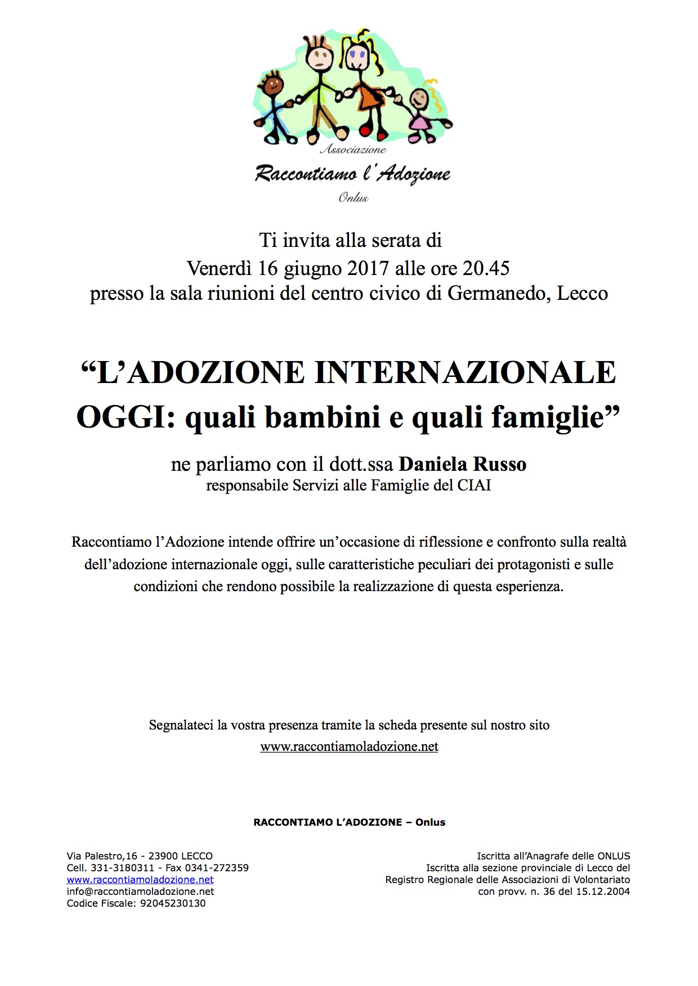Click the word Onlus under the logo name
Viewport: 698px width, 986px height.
[353, 197]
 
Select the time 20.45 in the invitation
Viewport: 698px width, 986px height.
[486, 268]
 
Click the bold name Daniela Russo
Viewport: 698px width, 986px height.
[463, 464]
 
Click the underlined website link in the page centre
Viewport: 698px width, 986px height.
[349, 746]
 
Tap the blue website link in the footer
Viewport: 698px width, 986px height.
[140, 880]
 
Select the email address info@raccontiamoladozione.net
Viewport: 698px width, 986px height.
[141, 892]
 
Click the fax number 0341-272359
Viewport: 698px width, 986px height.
[217, 868]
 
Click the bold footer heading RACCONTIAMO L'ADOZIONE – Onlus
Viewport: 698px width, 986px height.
[349, 822]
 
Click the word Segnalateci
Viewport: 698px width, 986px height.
[181, 725]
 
